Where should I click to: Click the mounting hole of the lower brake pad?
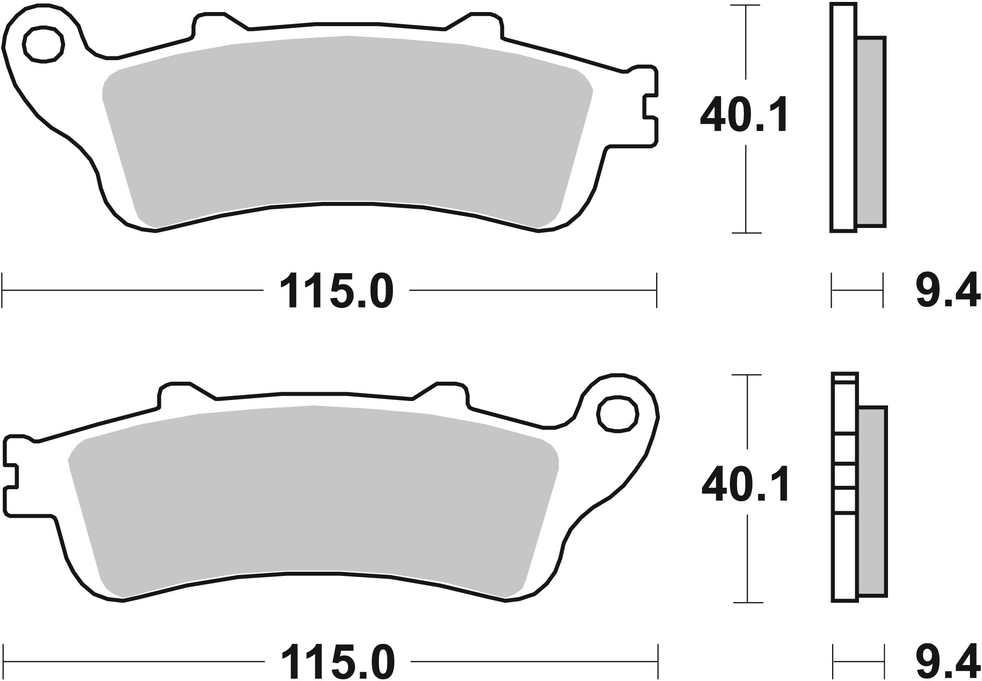(618, 413)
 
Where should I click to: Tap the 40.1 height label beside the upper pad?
(744, 115)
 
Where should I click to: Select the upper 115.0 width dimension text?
(336, 291)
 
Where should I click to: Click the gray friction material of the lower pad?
(313, 492)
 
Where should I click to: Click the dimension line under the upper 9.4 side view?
(857, 291)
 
